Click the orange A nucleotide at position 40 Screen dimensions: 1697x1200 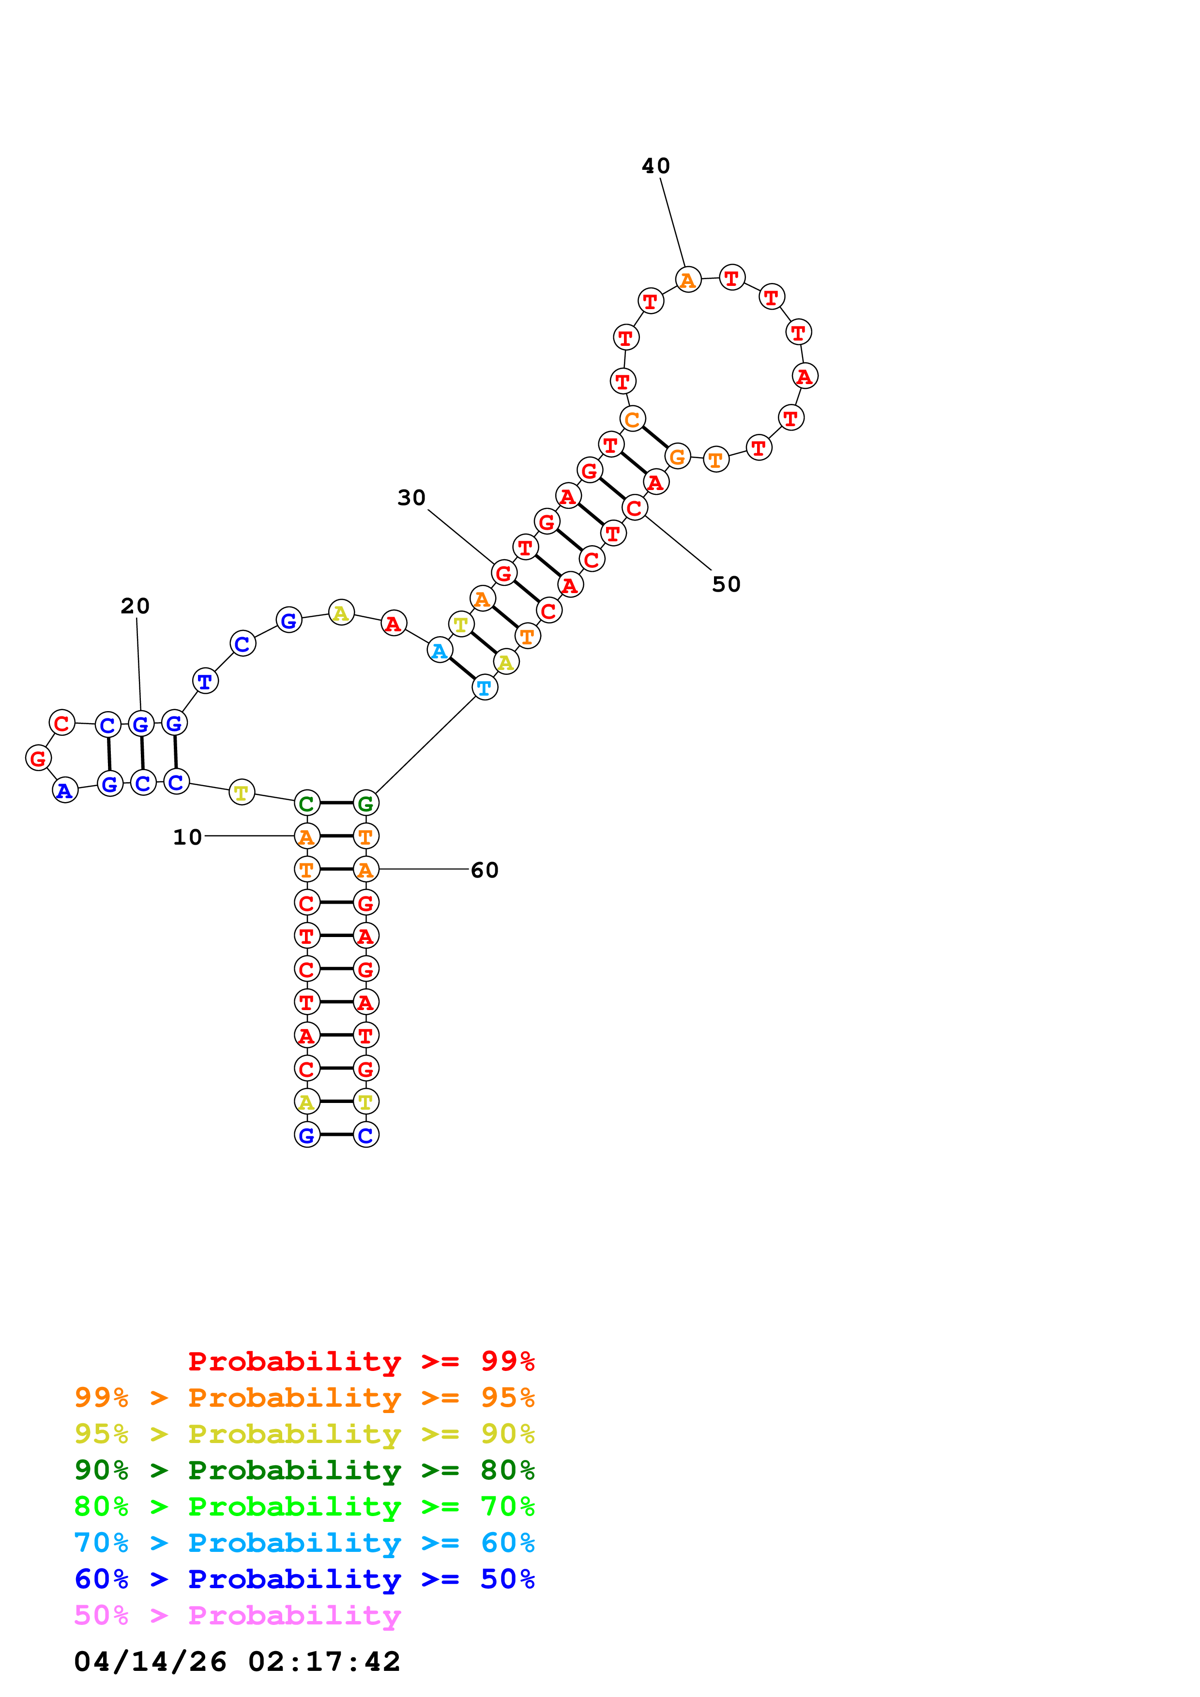687,280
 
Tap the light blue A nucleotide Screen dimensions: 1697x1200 439,651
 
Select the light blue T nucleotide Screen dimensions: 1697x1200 484,687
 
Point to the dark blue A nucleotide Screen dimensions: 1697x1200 65,790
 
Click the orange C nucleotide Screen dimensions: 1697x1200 632,419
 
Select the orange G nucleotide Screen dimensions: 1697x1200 677,457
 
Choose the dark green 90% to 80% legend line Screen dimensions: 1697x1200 304,1470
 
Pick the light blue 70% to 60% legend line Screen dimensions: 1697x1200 304,1543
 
